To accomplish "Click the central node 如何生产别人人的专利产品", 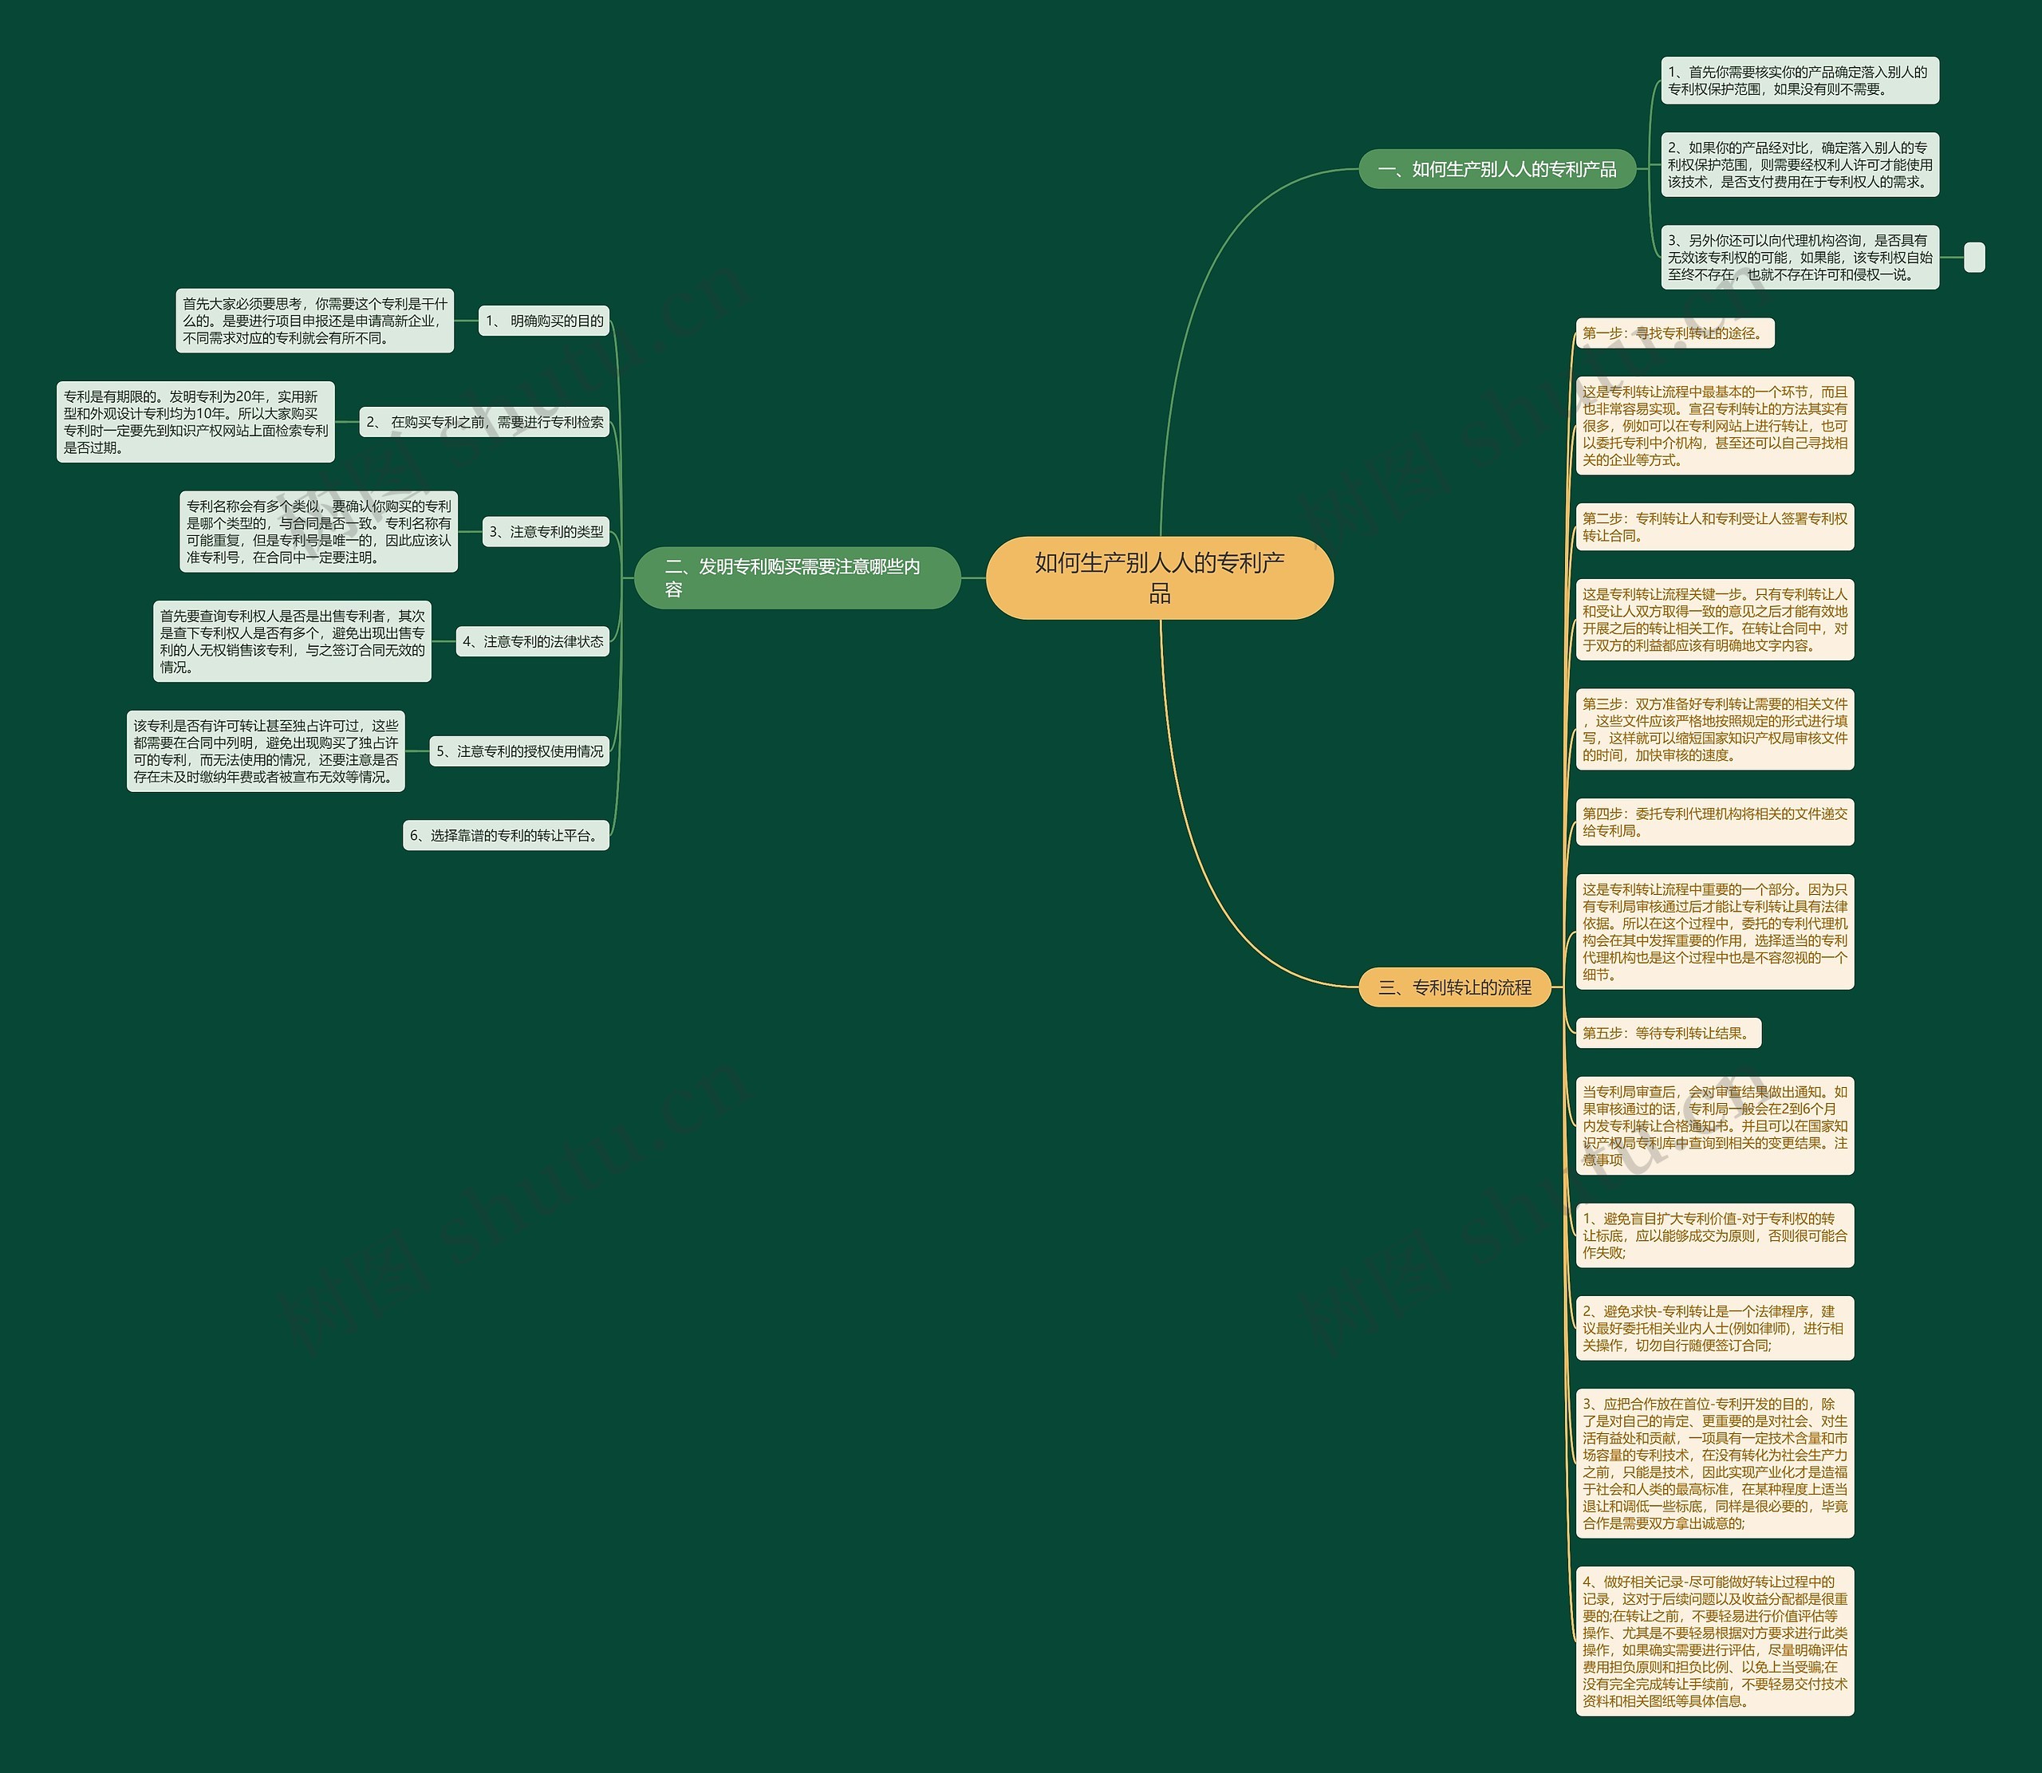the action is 1160,577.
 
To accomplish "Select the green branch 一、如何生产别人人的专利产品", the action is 1497,169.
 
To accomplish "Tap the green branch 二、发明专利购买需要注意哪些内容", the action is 796,577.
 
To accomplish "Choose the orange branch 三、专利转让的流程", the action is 1454,987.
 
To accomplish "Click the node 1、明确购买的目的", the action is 544,321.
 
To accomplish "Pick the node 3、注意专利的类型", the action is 546,531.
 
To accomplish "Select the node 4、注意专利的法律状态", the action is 532,641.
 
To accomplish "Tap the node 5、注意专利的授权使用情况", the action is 519,751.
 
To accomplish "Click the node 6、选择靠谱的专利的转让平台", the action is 506,835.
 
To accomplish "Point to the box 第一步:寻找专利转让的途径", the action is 1674,333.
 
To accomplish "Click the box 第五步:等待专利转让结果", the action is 1668,1033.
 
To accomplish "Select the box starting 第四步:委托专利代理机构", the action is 1714,822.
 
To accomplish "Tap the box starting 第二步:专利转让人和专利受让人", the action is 1714,527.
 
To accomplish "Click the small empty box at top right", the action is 1973,258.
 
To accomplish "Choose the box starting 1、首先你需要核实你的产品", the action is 1799,80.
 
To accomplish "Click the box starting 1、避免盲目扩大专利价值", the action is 1714,1235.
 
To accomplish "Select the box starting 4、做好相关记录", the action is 1714,1641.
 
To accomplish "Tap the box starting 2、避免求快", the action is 1714,1328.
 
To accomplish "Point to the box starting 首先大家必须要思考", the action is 314,321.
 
